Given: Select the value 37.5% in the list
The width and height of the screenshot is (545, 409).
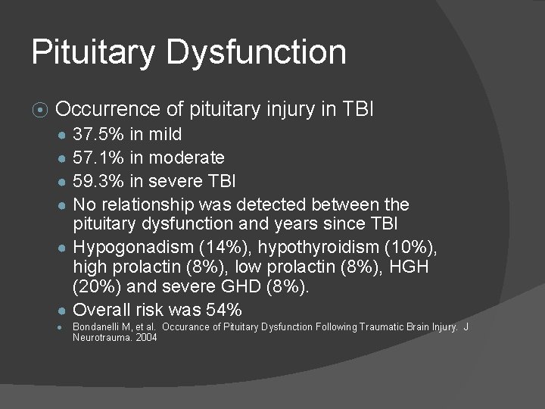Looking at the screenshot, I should tap(95, 135).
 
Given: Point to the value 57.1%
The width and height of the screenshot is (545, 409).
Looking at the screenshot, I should tap(95, 158).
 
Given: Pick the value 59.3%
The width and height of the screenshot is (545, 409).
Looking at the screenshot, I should tap(95, 181).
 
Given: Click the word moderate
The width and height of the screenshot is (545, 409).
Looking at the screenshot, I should tap(187, 158).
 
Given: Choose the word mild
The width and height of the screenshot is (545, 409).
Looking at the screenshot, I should tap(165, 135).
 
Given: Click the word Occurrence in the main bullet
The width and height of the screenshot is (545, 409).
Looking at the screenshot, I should tap(109, 110).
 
